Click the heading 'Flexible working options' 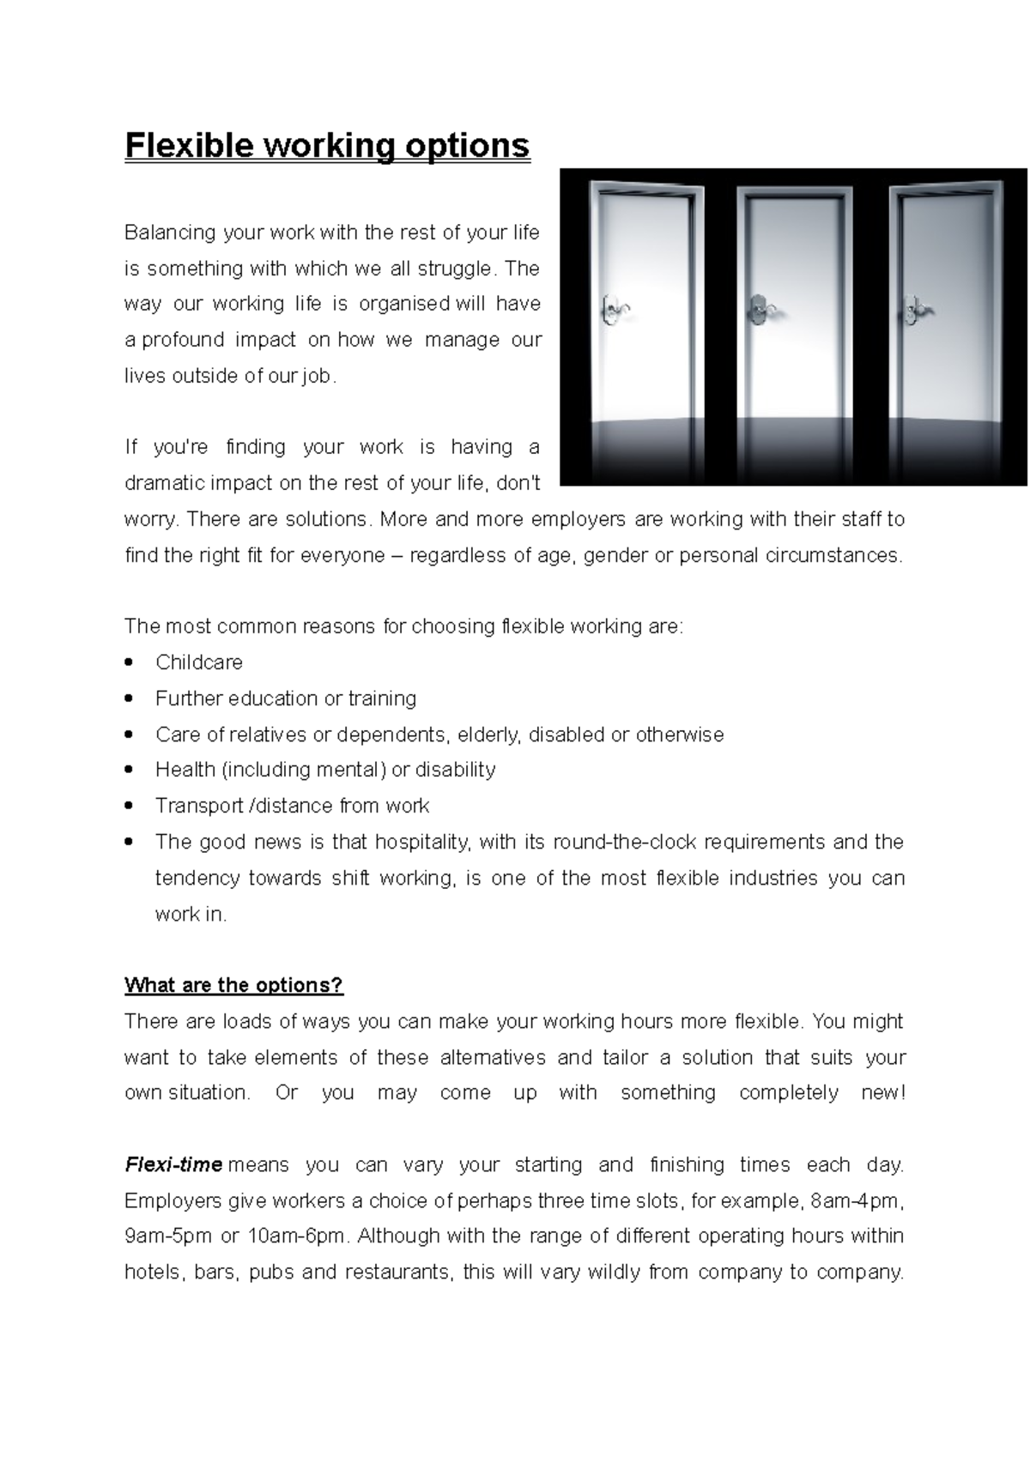(327, 145)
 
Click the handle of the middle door (759, 307)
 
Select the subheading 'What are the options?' (233, 985)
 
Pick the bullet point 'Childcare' (199, 662)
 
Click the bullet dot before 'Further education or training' (129, 698)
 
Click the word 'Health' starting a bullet (185, 770)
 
